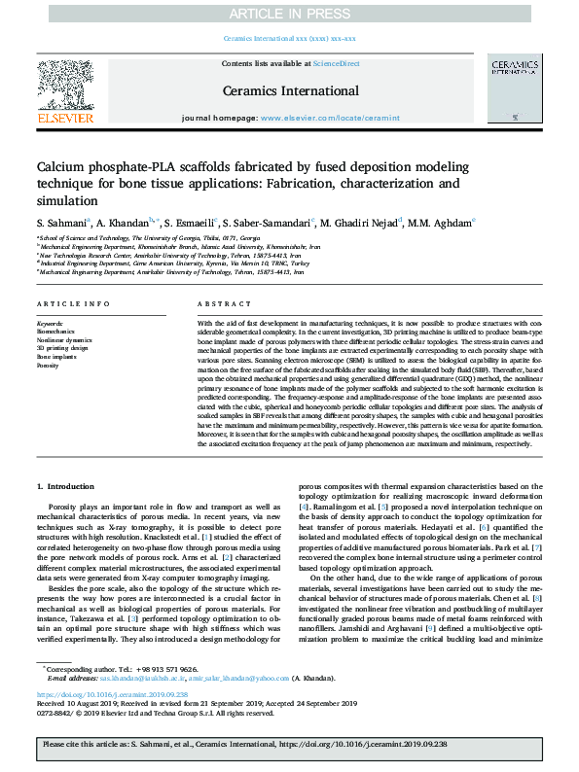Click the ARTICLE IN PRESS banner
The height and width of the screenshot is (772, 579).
[289, 13]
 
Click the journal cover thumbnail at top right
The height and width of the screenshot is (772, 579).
[515, 93]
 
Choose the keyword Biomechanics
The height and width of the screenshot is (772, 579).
[55, 331]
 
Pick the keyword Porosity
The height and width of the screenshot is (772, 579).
[48, 366]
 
